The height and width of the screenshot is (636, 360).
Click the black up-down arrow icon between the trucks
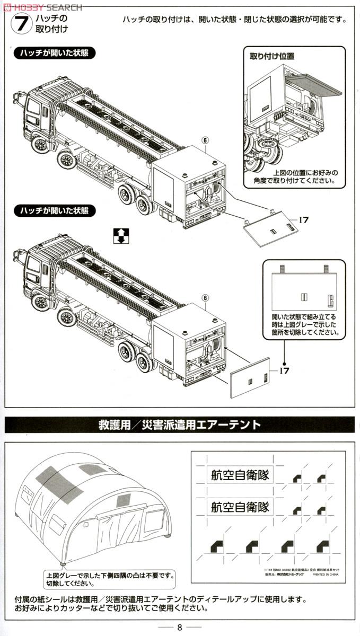point(121,236)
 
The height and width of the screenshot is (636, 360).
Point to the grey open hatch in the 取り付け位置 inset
point(315,84)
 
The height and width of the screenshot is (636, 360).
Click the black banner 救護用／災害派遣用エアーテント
point(179,425)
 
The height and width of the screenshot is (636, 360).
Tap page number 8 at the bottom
point(180,627)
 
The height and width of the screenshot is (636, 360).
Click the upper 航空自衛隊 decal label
point(238,475)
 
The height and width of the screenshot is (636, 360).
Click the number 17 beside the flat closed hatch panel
point(284,370)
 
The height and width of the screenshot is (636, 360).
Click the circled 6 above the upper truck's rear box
point(205,140)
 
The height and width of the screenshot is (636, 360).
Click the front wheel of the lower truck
point(40,302)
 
